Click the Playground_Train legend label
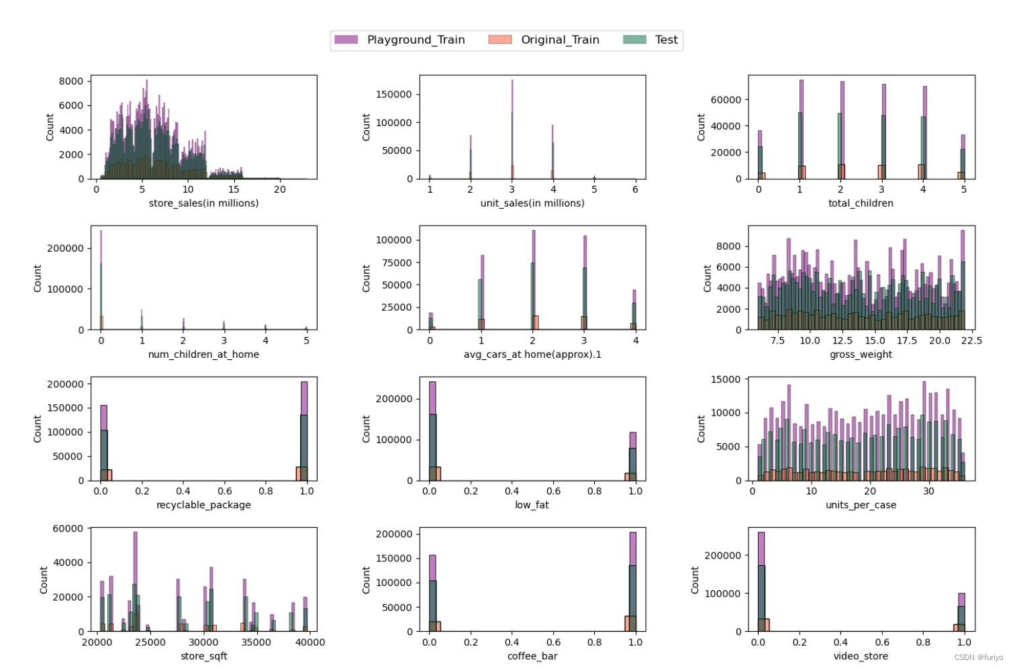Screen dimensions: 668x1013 pos(416,40)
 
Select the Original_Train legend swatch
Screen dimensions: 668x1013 pos(500,40)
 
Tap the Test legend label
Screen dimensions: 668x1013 pos(666,40)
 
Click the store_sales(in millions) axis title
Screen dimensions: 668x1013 pos(203,203)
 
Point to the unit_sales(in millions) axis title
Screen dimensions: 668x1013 pos(532,203)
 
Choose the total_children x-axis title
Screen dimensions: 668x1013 pos(861,203)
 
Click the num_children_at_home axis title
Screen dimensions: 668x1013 pos(203,354)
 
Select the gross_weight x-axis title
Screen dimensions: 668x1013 pos(861,354)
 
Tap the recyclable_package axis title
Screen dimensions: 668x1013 pos(203,505)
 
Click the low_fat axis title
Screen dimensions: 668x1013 pos(532,505)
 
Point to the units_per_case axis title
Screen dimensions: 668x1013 pos(861,505)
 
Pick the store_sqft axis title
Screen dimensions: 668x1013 pos(203,656)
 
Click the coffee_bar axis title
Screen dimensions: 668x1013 pos(532,656)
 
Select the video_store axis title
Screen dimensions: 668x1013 pos(861,656)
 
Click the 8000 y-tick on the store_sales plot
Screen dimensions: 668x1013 pos(71,81)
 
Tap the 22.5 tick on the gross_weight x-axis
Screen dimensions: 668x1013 pos(971,340)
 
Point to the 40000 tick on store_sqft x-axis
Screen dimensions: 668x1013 pos(309,642)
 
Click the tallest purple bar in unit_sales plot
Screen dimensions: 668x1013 pos(512,101)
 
